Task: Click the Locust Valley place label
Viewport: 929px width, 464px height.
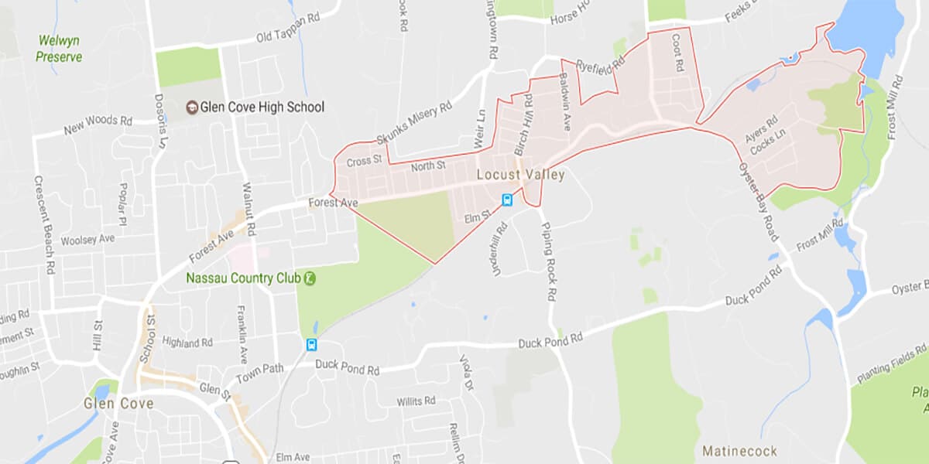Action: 520,175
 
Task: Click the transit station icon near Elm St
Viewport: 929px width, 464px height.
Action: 507,200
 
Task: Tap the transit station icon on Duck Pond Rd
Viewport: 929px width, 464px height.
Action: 311,345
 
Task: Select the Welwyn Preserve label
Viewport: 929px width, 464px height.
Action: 59,48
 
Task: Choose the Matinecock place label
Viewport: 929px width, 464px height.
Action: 735,449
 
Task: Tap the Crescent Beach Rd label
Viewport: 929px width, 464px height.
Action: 43,224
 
